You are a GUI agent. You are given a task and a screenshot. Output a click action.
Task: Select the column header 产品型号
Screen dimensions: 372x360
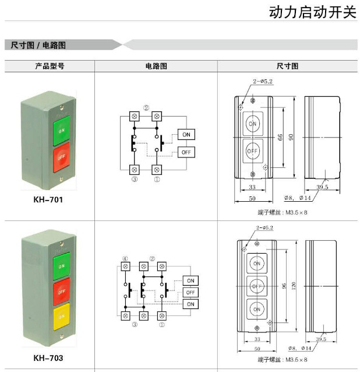point(50,66)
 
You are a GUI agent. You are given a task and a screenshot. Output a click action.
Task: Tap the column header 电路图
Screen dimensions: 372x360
point(156,66)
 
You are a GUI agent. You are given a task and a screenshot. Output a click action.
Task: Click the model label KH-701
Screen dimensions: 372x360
point(48,199)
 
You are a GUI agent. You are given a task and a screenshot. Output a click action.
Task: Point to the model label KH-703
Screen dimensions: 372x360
point(48,358)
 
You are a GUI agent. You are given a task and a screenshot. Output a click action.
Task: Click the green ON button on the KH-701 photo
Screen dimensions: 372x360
point(61,131)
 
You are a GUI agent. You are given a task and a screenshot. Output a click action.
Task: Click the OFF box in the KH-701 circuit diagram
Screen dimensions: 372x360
point(186,152)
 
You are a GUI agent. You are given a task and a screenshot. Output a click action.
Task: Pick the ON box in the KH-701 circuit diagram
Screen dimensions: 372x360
point(186,135)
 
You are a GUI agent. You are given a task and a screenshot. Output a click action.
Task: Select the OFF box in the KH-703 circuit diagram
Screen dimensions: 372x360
point(190,292)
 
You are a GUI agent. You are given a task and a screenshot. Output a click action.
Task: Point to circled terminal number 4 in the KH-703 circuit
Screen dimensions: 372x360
point(125,258)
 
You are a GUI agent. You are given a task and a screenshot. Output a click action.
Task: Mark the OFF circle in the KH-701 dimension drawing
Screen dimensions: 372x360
point(252,150)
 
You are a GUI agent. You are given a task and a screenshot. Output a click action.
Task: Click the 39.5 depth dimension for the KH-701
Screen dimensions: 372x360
point(322,187)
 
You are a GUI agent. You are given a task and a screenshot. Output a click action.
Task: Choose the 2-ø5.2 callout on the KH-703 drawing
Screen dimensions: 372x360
point(264,227)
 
